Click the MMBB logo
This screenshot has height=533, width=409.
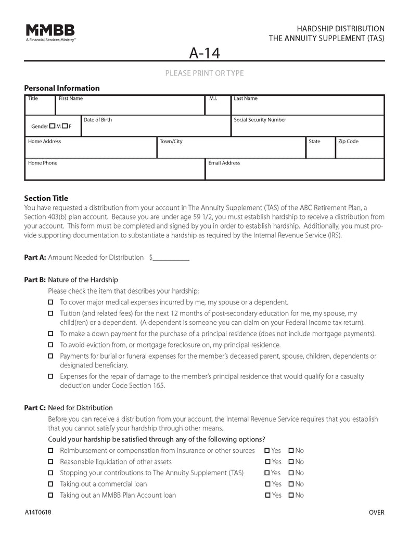50,32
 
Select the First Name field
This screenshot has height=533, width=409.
130,107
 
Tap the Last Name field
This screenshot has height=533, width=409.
307,107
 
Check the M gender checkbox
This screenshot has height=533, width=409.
53,126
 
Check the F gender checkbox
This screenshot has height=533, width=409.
65,126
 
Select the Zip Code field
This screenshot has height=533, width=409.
360,150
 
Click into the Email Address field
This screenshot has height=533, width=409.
295,172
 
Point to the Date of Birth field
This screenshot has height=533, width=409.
156,128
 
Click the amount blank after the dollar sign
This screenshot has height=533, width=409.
171,258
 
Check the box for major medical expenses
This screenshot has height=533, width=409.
50,302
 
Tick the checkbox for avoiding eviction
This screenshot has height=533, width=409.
50,345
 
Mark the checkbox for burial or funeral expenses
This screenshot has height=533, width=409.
50,356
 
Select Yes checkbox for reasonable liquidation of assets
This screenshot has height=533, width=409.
267,462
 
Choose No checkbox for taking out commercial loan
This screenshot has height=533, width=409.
291,484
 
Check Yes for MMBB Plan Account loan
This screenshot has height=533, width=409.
267,496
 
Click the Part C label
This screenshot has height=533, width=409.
35,408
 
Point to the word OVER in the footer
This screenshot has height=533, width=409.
376,513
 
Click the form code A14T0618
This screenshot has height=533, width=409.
37,513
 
